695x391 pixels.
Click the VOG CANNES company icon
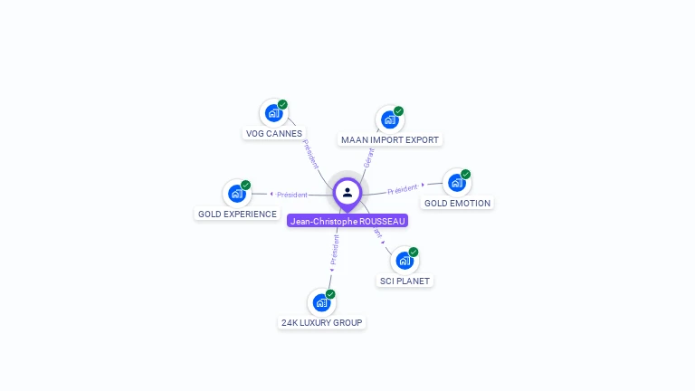(x=273, y=113)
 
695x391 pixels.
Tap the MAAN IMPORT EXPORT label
(x=390, y=140)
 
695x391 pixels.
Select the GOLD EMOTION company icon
(x=456, y=182)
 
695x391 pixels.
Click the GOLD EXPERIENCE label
(x=237, y=215)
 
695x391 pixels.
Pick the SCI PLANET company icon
(x=404, y=261)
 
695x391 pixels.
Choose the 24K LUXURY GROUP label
(x=321, y=322)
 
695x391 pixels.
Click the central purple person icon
(x=347, y=192)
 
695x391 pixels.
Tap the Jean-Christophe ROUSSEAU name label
(x=347, y=221)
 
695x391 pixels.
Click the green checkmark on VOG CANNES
(x=282, y=105)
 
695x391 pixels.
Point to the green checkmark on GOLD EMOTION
(x=465, y=174)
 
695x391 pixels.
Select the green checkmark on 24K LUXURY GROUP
(x=330, y=294)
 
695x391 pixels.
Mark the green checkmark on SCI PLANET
(x=414, y=252)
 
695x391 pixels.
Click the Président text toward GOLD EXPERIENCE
(x=292, y=195)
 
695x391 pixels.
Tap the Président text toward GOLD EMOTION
(x=403, y=189)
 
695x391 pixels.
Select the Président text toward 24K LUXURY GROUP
(x=334, y=250)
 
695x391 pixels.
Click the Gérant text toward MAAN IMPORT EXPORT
(x=367, y=157)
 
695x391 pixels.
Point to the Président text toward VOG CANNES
(x=310, y=154)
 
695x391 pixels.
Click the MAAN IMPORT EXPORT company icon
(x=389, y=119)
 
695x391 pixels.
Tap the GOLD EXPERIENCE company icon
(x=236, y=194)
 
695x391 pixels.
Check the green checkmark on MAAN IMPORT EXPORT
(x=398, y=111)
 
